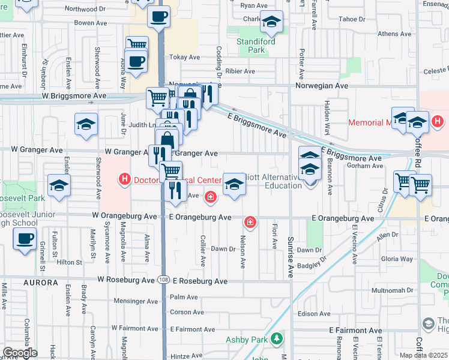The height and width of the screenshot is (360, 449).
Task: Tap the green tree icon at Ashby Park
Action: point(277,340)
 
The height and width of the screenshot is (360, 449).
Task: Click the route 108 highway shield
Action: point(163,280)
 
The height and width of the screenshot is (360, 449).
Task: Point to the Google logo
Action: point(20,353)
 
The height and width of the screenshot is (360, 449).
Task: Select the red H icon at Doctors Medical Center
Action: point(125,178)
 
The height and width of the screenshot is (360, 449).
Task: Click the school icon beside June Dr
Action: point(86,124)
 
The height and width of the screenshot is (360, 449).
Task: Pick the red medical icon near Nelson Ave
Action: point(250,223)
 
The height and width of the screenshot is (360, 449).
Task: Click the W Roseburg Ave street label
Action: point(126,280)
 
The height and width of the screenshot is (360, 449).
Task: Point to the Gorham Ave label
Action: point(364,166)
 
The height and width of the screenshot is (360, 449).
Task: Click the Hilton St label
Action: point(70,262)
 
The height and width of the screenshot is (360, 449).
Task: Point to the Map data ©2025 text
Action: point(424,356)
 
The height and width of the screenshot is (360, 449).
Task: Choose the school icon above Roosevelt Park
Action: point(59,185)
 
